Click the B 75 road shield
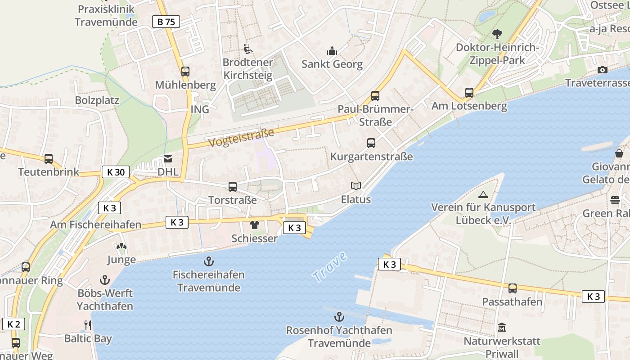pos(166,22)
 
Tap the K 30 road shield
pos(116,172)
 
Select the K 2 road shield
pos(13,324)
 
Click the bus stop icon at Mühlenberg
pos(185,71)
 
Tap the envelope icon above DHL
pos(168,158)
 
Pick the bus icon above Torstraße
pos(233,186)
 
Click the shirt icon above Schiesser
pos(255,225)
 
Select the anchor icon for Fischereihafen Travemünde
pos(209,261)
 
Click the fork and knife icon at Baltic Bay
pos(88,325)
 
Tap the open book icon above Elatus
pos(355,186)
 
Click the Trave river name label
pos(330,267)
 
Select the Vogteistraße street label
pos(242,137)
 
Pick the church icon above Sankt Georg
pos(332,50)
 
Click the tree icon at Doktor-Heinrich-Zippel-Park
pos(497,34)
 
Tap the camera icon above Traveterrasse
pos(602,70)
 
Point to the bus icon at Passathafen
pos(512,288)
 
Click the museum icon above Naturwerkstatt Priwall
pos(502,328)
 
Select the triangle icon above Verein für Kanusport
pos(483,194)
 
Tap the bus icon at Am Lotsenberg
pos(469,93)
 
